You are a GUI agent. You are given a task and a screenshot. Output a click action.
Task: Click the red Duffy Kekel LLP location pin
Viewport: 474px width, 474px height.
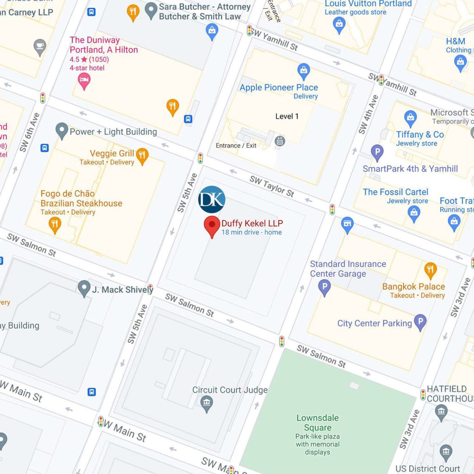point(212,226)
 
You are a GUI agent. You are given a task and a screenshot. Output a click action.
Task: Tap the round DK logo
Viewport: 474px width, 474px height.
point(212,200)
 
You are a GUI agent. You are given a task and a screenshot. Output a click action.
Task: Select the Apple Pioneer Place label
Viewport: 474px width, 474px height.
point(279,87)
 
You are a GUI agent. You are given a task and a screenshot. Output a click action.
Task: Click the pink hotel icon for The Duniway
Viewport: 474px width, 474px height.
point(84,81)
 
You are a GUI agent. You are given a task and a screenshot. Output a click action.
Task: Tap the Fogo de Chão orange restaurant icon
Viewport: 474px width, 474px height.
point(55,225)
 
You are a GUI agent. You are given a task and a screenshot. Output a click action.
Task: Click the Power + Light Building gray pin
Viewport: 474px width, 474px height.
point(62,131)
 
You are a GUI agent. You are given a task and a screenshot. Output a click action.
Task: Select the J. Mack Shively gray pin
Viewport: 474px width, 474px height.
point(84,288)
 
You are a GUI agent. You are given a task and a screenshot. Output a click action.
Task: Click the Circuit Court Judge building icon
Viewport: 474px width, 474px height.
point(207,404)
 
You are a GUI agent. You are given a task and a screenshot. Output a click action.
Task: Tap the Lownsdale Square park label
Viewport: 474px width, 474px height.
point(318,423)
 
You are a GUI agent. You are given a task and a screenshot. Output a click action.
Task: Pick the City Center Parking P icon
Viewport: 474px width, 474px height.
point(420,323)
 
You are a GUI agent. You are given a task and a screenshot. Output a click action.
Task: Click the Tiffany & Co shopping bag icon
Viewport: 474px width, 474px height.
point(411,118)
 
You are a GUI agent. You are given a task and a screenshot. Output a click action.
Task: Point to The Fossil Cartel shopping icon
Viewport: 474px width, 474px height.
point(414,213)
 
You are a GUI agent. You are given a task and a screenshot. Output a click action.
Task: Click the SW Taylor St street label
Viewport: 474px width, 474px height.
point(272,186)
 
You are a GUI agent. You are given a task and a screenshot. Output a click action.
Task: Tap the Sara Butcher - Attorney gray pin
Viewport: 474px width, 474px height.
point(151,11)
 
